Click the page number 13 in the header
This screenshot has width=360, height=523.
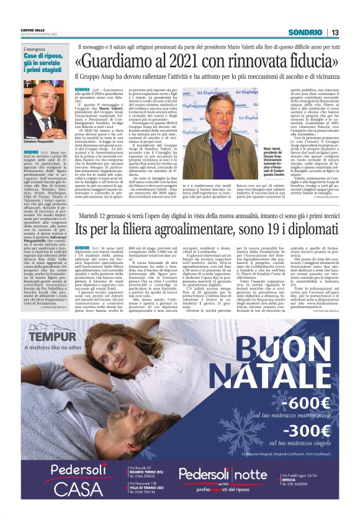point(335,32)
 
